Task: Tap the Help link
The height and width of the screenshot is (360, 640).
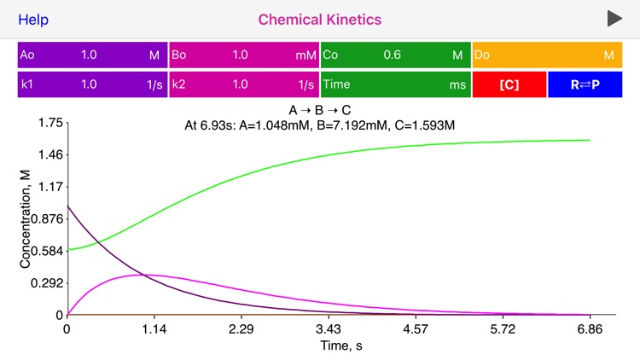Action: [33, 19]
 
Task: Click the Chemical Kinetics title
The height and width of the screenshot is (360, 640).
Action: [320, 19]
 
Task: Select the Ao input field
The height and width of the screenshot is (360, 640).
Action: [92, 55]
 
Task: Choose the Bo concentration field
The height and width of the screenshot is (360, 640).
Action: [244, 55]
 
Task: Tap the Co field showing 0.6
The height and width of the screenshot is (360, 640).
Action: [395, 55]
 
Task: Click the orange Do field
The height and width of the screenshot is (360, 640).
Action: [547, 55]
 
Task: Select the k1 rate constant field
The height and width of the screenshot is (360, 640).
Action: [92, 84]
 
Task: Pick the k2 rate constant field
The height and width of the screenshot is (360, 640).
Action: [244, 84]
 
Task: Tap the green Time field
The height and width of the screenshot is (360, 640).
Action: [395, 84]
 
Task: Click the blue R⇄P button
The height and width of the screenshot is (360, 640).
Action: [585, 84]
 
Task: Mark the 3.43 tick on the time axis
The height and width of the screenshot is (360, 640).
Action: [329, 328]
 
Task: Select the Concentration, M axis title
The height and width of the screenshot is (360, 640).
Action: [26, 219]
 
